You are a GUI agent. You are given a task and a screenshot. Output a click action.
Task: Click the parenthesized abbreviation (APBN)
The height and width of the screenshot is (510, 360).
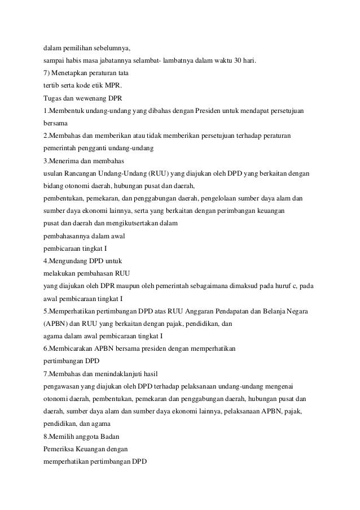(x=59, y=324)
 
